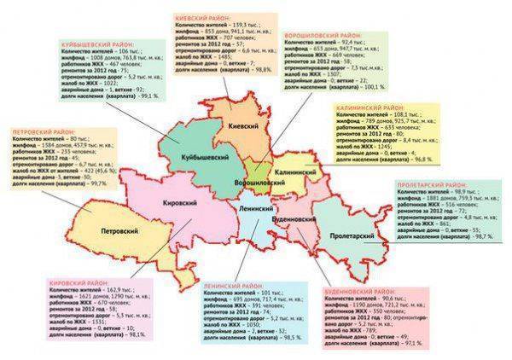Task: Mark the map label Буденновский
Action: click(x=296, y=219)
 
